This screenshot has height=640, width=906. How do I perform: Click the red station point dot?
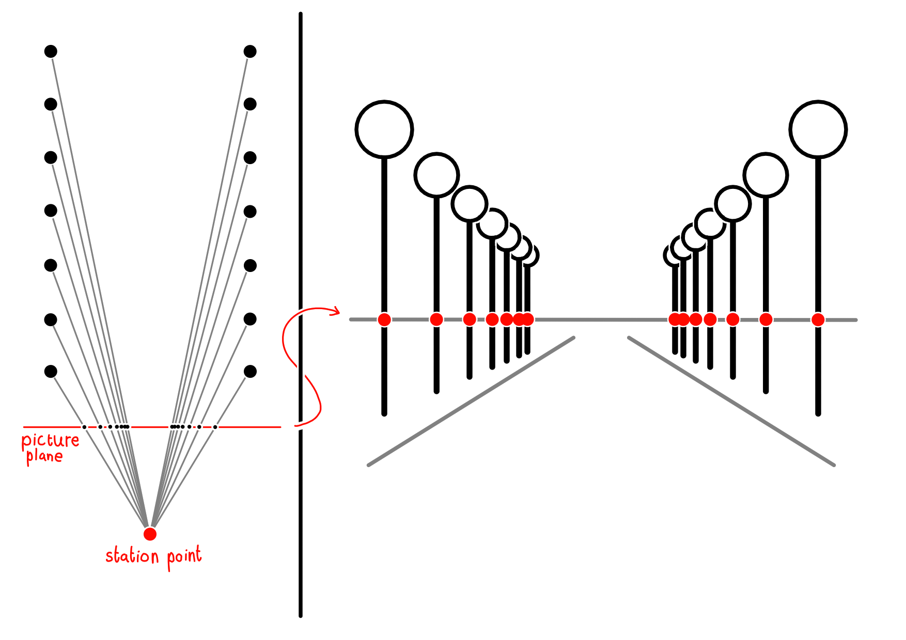(150, 534)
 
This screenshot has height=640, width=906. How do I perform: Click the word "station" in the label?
(132, 556)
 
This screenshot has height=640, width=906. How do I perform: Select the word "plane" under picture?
(44, 456)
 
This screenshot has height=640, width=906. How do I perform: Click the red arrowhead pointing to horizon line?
(336, 311)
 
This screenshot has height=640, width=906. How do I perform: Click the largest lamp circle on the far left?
(384, 129)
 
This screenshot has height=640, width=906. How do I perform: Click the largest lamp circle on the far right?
(818, 129)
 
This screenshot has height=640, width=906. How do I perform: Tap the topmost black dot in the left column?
(51, 51)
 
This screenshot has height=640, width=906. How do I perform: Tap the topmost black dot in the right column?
(250, 51)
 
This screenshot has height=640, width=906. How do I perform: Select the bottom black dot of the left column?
(51, 371)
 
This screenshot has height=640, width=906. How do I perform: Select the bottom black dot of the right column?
(250, 371)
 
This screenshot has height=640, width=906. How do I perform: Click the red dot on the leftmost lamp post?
(384, 319)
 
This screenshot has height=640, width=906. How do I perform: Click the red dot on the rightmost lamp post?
(818, 319)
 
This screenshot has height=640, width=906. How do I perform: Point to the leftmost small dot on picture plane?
(84, 427)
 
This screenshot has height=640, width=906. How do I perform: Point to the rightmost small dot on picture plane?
(215, 427)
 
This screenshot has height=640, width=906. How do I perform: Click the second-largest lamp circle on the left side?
(436, 175)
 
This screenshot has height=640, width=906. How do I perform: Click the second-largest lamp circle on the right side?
(766, 175)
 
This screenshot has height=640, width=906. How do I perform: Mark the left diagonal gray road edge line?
(471, 402)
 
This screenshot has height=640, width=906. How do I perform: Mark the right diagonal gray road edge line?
(731, 402)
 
